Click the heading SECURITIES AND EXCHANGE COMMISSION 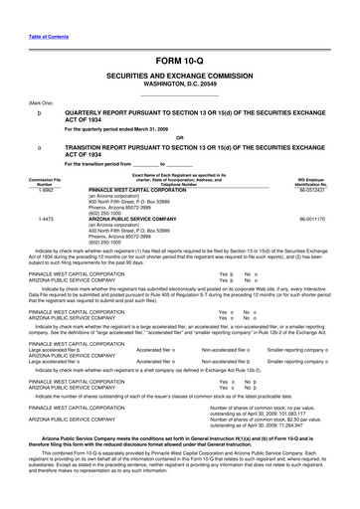180,46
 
